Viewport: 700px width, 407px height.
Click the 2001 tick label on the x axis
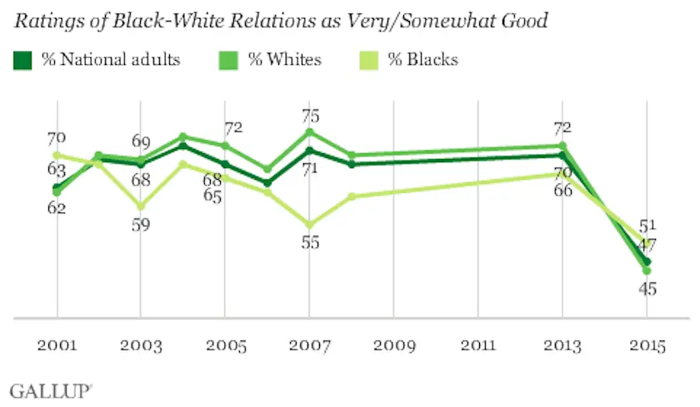57,347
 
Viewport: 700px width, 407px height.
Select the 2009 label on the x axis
393,347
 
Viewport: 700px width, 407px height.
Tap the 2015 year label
647,347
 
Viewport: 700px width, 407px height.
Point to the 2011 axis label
477,347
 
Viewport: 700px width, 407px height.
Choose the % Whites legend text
284,60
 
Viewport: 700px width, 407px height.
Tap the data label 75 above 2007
310,117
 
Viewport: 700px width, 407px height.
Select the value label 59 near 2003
140,225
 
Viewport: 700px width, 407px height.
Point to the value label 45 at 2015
647,289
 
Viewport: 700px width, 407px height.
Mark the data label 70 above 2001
57,139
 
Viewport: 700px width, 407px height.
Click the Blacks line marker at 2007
309,225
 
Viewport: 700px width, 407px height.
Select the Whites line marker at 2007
309,132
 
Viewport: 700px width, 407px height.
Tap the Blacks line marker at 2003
141,206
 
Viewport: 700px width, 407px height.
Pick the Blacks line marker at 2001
57,155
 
